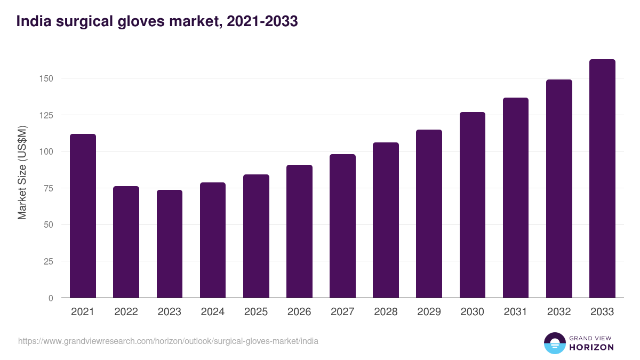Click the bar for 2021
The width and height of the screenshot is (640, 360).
click(x=83, y=216)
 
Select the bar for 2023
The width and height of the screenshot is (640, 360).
click(x=170, y=244)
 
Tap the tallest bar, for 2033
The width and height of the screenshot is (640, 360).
click(x=602, y=179)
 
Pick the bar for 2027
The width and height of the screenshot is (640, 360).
click(x=342, y=226)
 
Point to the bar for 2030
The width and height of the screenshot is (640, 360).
click(x=472, y=205)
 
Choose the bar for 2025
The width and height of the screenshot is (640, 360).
click(x=256, y=236)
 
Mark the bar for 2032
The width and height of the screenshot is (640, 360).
click(x=559, y=189)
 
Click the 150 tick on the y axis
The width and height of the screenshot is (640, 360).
click(x=47, y=78)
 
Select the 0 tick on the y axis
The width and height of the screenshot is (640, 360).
click(x=51, y=298)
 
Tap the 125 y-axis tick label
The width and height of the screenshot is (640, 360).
click(x=47, y=115)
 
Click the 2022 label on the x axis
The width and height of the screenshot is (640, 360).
click(x=126, y=312)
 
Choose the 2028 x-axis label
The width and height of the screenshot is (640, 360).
click(x=386, y=312)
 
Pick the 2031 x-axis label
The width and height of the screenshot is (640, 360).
click(x=516, y=312)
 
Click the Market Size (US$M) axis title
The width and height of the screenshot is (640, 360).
click(x=22, y=172)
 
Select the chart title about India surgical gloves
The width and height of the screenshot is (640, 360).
click(x=157, y=22)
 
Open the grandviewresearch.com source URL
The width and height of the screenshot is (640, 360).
click(x=168, y=341)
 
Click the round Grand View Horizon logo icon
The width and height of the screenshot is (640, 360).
click(x=555, y=343)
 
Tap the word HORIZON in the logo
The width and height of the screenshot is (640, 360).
click(x=591, y=347)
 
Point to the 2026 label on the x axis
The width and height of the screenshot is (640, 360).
click(x=299, y=312)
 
